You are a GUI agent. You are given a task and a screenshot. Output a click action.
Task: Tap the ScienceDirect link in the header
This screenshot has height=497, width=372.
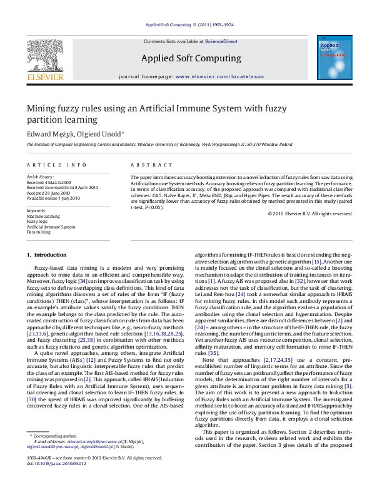point(222,41)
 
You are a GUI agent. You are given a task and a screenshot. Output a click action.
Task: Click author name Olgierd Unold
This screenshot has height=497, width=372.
point(89,133)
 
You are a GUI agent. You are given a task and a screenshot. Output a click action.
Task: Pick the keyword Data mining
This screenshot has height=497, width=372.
point(38,231)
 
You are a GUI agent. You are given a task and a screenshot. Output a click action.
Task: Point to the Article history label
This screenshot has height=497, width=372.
point(41,177)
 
